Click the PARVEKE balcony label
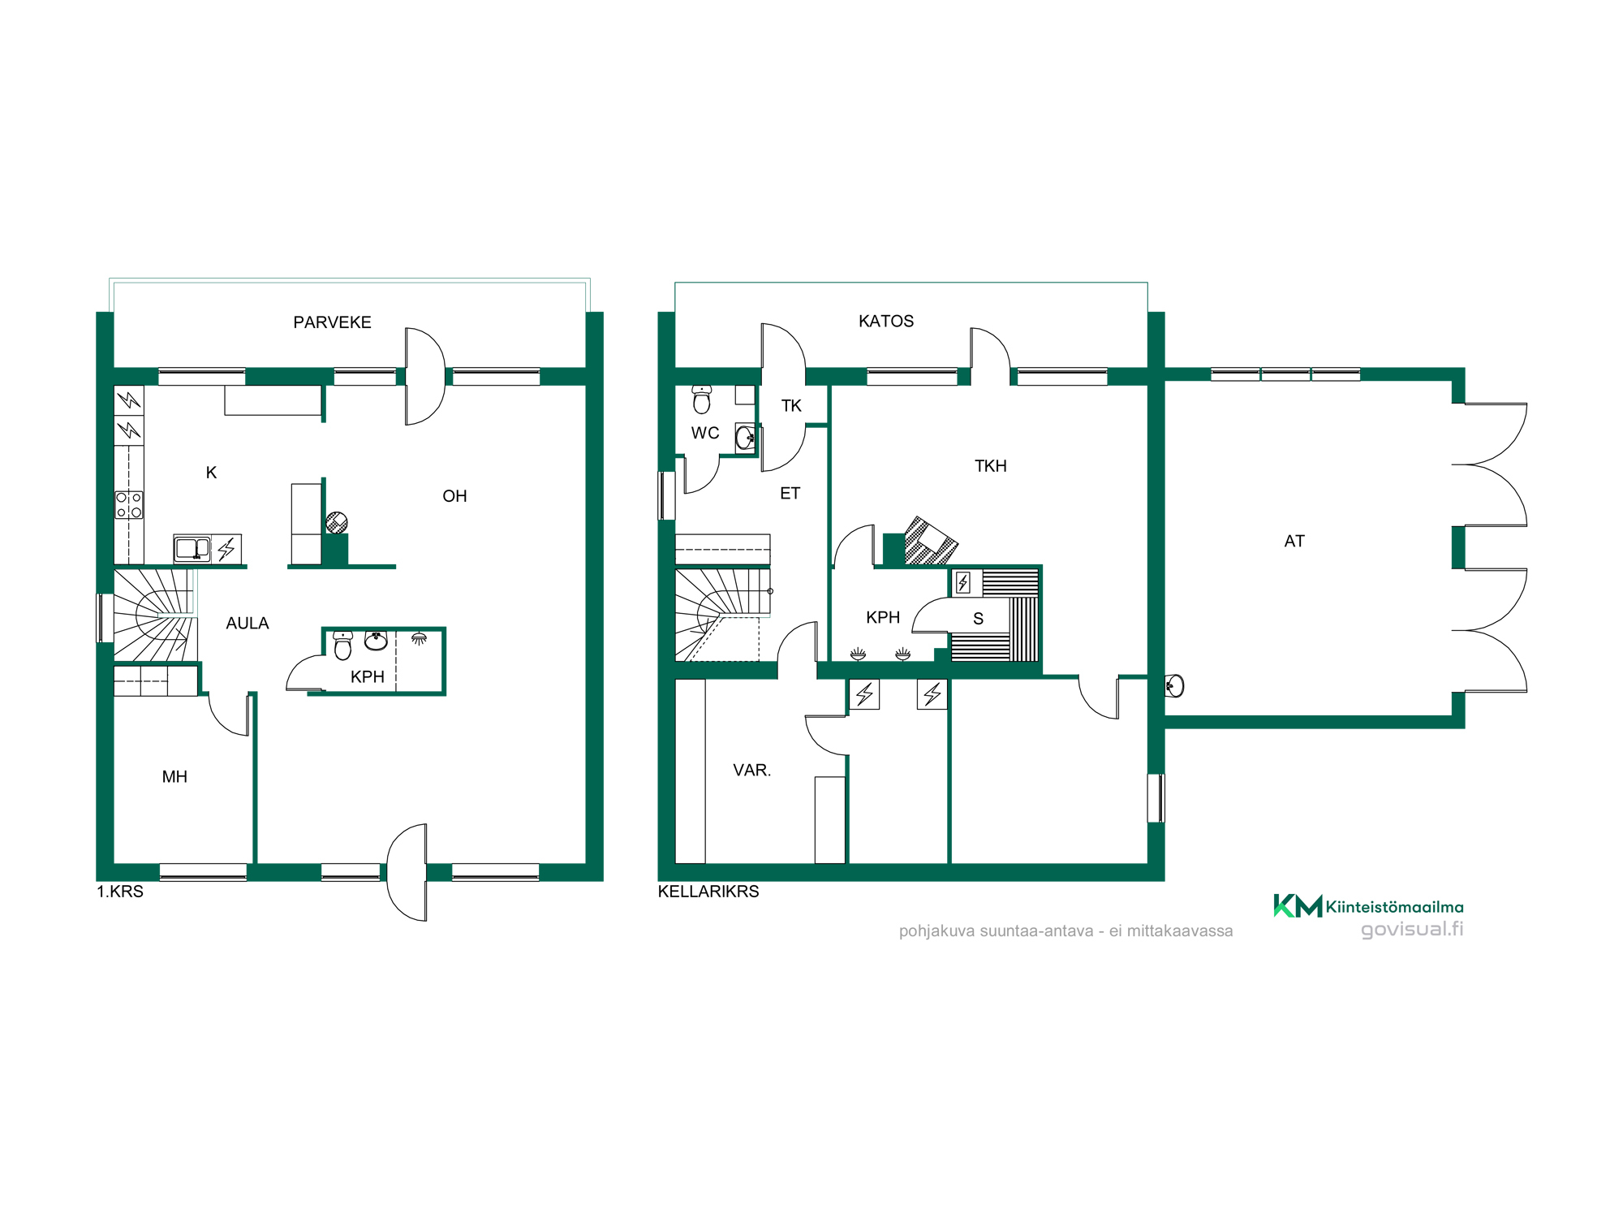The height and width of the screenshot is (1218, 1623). coord(332,322)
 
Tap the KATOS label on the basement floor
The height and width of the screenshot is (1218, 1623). coord(886,322)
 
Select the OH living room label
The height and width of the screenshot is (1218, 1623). coord(454,496)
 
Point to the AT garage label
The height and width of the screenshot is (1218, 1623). coord(1294,542)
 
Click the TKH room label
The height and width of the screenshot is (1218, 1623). coord(991,466)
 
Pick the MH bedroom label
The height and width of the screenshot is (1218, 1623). coord(174,777)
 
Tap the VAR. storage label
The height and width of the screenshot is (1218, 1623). coord(752,771)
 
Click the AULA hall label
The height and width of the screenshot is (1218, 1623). coord(248,624)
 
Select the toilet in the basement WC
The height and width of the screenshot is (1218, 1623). coord(702,400)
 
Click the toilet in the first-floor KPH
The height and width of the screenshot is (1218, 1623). coord(343,646)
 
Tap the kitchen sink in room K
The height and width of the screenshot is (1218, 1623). coord(192,549)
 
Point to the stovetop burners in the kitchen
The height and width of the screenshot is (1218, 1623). coord(129,504)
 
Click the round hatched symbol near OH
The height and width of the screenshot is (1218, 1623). coord(337,522)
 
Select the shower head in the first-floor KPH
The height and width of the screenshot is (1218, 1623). coord(419,638)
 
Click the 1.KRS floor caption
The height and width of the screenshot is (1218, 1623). coord(120,892)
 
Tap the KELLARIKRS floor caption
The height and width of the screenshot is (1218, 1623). coord(708,892)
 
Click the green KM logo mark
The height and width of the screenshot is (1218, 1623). coord(1298,905)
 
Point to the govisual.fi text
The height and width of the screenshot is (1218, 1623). coord(1412,929)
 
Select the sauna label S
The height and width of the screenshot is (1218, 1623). coord(979,619)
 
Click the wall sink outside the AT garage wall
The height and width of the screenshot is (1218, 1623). coord(1174,686)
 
